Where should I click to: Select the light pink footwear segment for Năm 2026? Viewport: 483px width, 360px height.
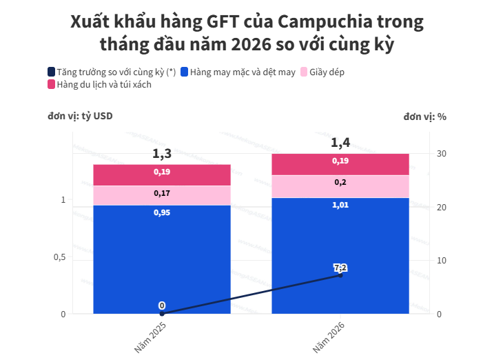[340, 186]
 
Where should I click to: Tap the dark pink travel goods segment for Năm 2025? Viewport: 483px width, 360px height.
[162, 174]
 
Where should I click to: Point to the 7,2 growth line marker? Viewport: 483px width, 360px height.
[340, 274]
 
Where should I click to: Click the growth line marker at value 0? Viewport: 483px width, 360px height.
[162, 314]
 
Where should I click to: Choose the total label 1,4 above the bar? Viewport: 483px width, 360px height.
[340, 143]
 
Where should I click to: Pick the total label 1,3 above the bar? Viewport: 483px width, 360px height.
[162, 154]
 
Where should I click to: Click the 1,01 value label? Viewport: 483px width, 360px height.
[340, 205]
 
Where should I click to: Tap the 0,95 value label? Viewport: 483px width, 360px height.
[162, 212]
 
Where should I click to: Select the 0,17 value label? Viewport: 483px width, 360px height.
[162, 193]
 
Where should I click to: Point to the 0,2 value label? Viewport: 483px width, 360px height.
[340, 182]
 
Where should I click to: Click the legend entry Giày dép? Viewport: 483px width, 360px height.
[327, 72]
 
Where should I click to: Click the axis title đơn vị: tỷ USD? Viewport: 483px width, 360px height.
[80, 116]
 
